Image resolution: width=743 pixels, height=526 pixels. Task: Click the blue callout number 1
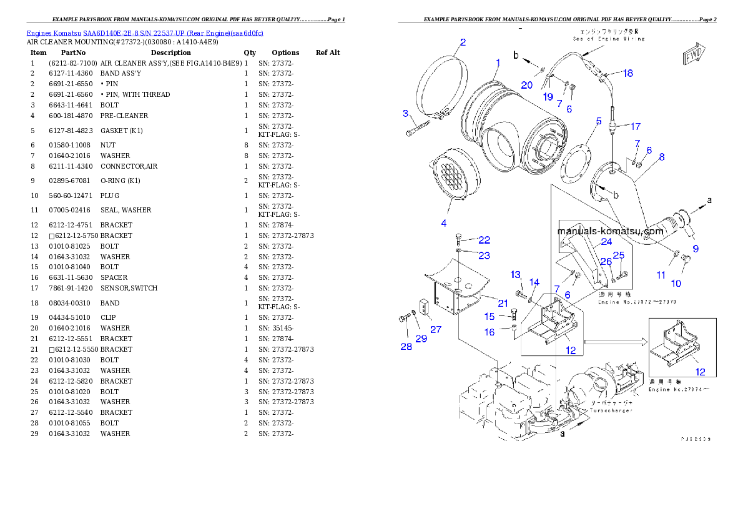tap(498, 62)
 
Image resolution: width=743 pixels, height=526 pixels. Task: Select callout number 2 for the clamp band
tap(463, 42)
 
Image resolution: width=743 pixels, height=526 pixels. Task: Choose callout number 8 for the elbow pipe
tap(661, 157)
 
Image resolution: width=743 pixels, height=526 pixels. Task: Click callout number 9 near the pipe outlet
tap(695, 249)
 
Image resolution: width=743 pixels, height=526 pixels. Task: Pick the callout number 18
tap(627, 73)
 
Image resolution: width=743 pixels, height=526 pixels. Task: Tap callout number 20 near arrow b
tap(527, 85)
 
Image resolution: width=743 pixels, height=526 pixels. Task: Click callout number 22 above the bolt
tap(485, 240)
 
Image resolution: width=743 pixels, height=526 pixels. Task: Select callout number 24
tap(606, 241)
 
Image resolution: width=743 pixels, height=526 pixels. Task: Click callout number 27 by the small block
tap(435, 329)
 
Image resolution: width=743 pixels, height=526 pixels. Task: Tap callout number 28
tap(406, 347)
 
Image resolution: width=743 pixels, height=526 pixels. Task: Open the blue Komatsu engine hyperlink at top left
tap(145, 32)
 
